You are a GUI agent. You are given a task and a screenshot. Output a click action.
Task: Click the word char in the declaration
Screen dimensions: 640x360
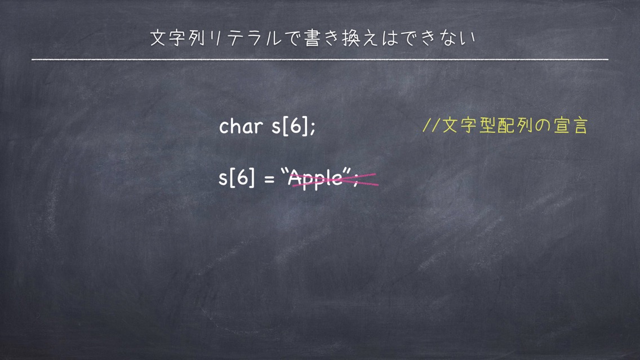(x=241, y=126)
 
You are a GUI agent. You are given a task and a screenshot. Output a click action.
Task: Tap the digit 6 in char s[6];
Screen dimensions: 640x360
(x=295, y=126)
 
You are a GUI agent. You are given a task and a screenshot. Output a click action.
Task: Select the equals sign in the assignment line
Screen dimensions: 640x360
(x=269, y=179)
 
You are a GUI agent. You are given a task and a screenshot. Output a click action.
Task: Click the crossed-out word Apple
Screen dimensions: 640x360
(x=315, y=179)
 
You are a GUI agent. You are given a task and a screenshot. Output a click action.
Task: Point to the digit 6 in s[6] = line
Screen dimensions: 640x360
(x=242, y=177)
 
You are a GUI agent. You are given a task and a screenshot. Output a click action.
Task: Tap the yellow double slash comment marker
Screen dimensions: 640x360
(x=430, y=125)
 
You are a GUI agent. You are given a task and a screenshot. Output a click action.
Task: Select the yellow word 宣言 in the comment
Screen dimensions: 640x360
(x=571, y=125)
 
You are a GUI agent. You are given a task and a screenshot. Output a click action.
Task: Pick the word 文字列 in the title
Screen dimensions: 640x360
(x=177, y=38)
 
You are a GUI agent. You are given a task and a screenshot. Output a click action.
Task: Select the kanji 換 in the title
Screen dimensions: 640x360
(x=350, y=38)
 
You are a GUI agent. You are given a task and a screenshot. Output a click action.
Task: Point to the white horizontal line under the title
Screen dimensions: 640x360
(x=320, y=60)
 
